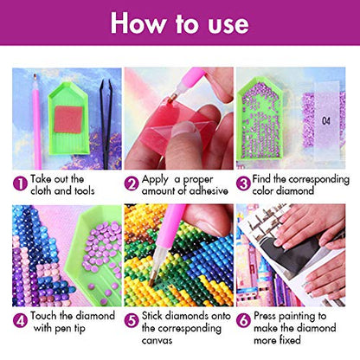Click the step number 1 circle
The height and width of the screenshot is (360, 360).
point(20,183)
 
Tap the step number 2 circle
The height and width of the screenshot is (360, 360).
point(132,183)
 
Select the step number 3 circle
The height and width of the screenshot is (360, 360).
point(243,183)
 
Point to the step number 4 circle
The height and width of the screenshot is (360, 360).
point(20,320)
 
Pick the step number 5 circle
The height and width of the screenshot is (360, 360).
point(132,320)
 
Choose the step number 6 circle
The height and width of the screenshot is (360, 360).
point(243,320)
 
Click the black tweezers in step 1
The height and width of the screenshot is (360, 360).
point(106,124)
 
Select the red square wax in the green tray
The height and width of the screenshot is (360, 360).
point(68,119)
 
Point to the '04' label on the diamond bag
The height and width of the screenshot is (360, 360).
point(326,120)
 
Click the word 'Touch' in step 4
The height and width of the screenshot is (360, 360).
point(44,316)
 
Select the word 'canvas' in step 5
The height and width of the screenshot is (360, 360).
point(157,340)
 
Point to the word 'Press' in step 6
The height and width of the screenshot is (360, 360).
point(265,316)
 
